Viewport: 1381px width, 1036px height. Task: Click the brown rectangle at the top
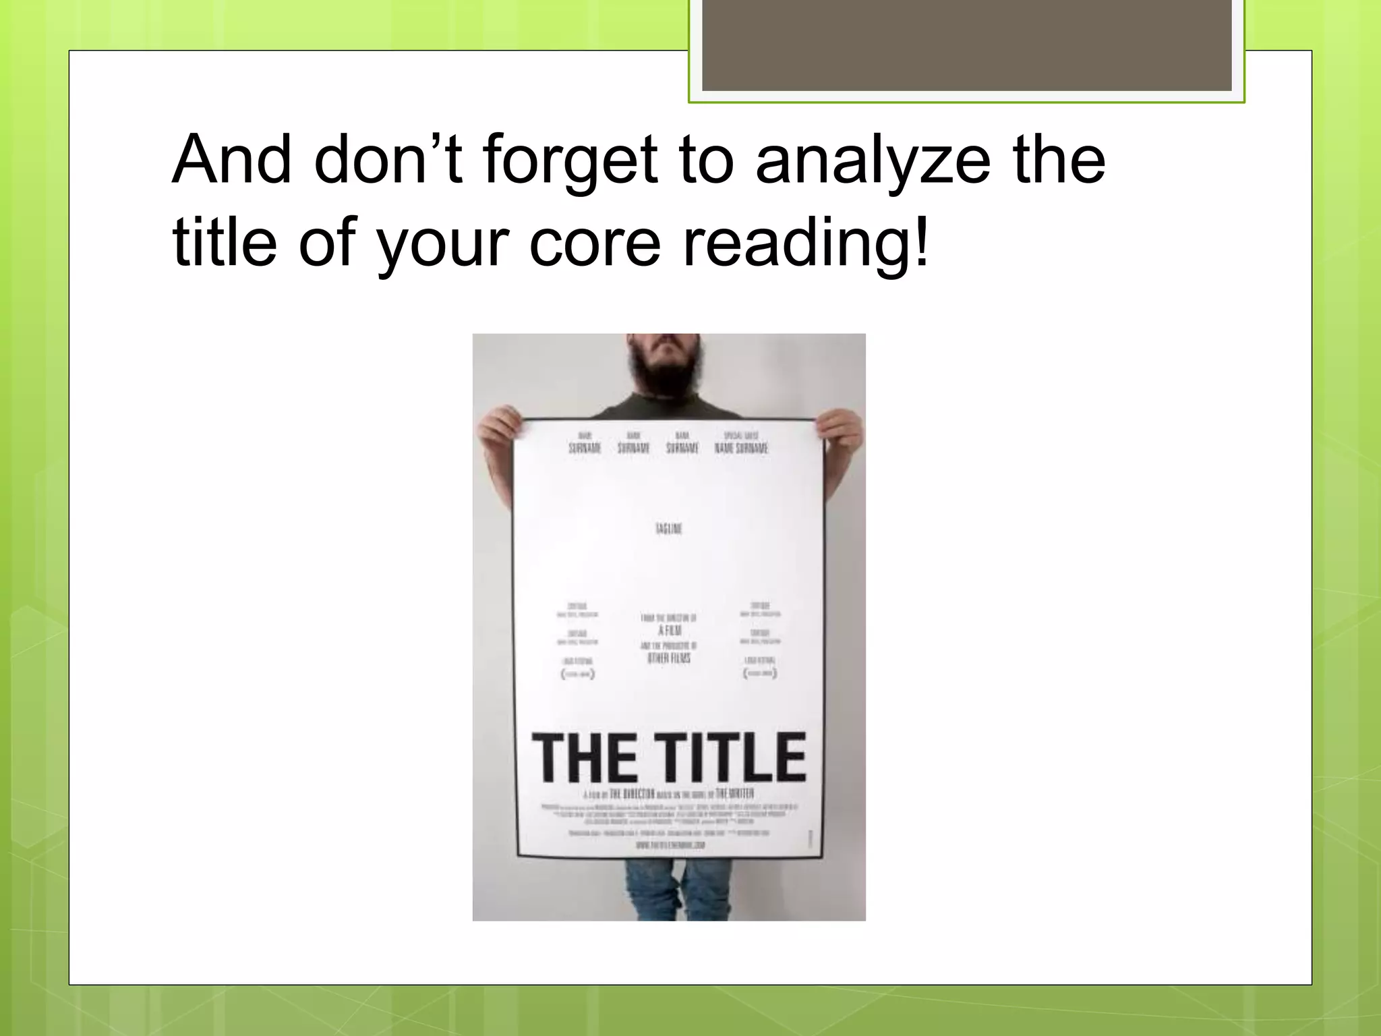coord(966,46)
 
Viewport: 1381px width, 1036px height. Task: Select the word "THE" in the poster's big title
coord(584,759)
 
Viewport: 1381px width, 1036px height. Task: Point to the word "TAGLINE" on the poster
coord(668,529)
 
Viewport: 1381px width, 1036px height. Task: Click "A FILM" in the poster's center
coord(669,631)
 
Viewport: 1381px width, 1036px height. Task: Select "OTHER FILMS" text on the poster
coord(668,658)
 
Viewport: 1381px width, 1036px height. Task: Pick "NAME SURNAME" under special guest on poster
coord(741,448)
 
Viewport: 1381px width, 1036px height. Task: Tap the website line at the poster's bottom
coord(670,844)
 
